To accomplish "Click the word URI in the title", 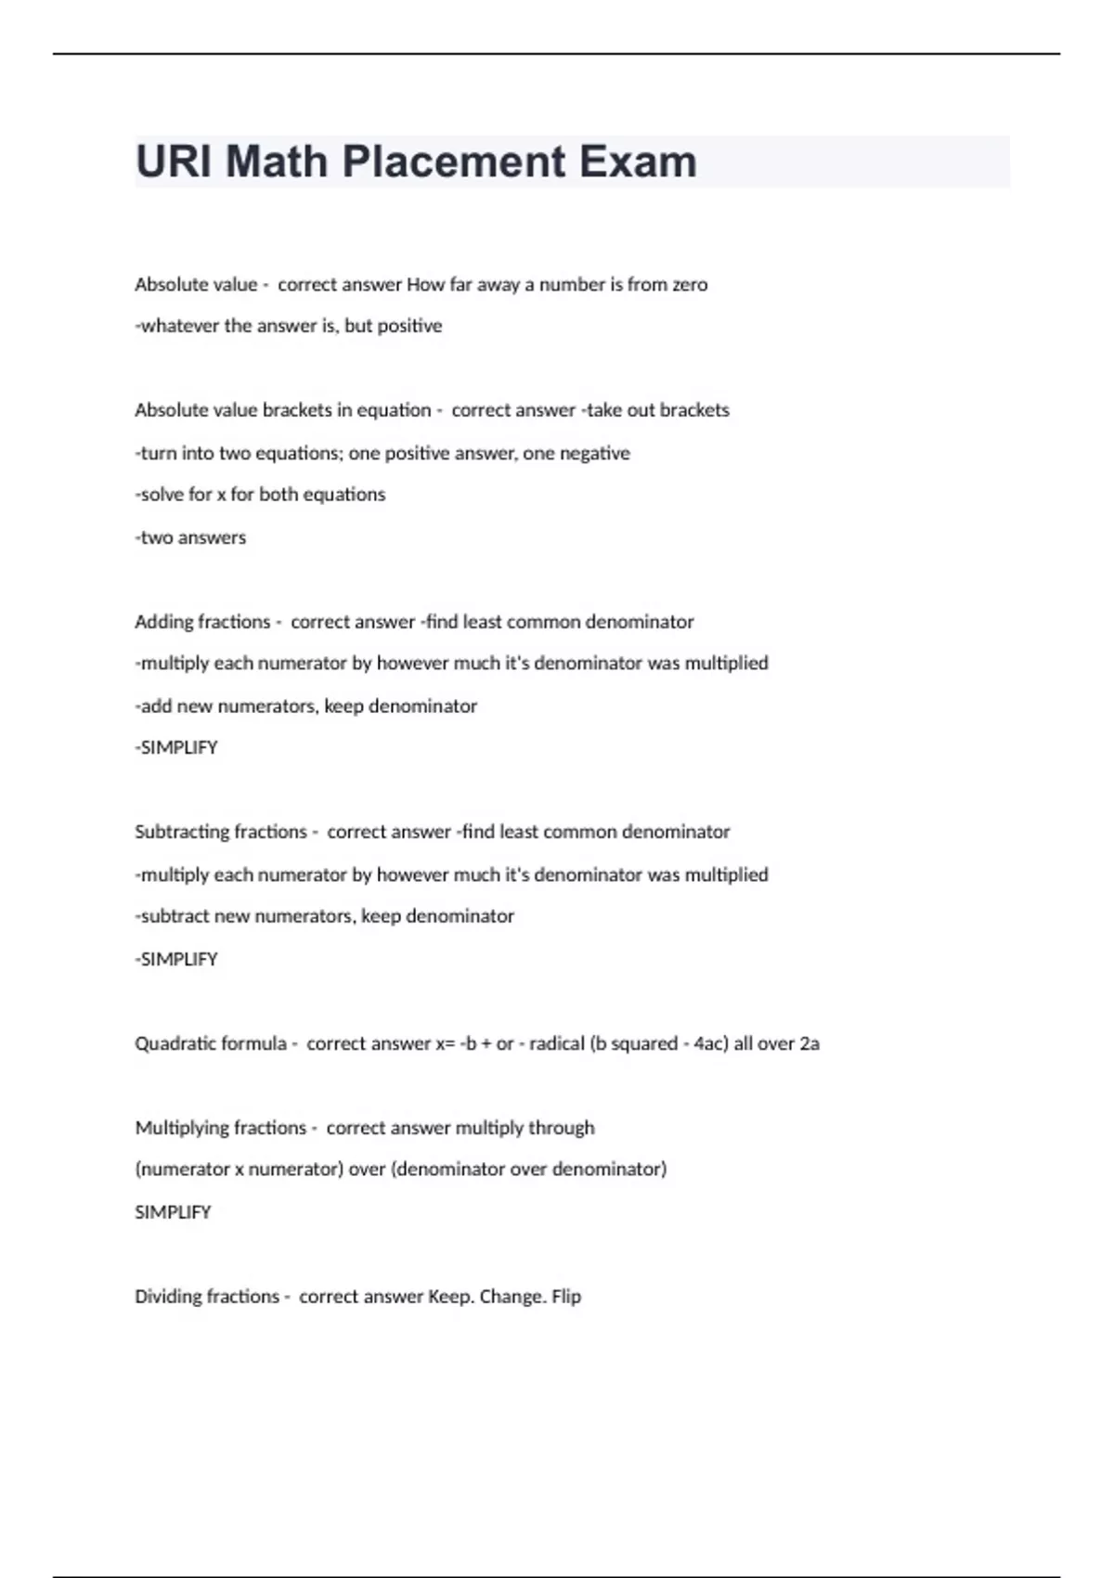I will pyautogui.click(x=174, y=162).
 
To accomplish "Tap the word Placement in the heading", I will pyautogui.click(x=454, y=162).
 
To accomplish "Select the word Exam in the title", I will pyautogui.click(x=638, y=162).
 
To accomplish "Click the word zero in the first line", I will pyautogui.click(x=688, y=285).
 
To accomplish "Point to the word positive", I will pyautogui.click(x=409, y=326).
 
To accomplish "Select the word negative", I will pyautogui.click(x=594, y=454).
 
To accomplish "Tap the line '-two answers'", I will pyautogui.click(x=190, y=537).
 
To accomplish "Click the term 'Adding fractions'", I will pyautogui.click(x=202, y=622).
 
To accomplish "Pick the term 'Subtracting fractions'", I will pyautogui.click(x=220, y=832).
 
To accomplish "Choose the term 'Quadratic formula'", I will pyautogui.click(x=211, y=1043).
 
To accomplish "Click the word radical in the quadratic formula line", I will pyautogui.click(x=557, y=1043).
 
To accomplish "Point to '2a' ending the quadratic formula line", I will pyautogui.click(x=810, y=1043).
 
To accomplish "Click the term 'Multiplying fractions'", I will pyautogui.click(x=220, y=1128).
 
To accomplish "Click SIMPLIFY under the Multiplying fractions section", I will pyautogui.click(x=173, y=1212).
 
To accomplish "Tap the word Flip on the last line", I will pyautogui.click(x=566, y=1297).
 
